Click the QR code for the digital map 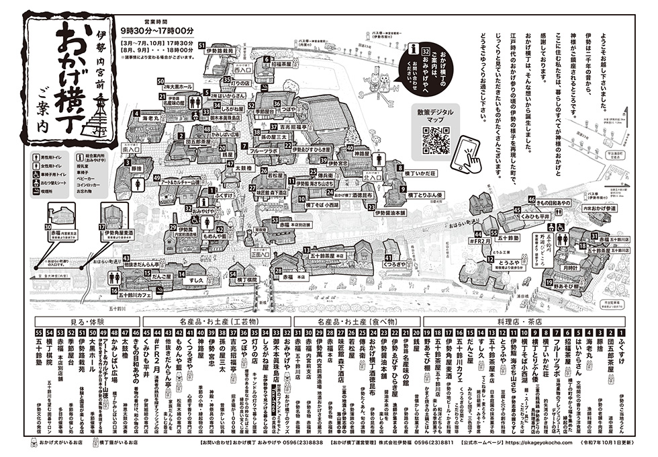pyautogui.click(x=436, y=139)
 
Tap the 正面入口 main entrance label pyautogui.click(x=259, y=255)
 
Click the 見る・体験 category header pyautogui.click(x=83, y=322)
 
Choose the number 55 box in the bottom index pyautogui.click(x=38, y=333)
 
